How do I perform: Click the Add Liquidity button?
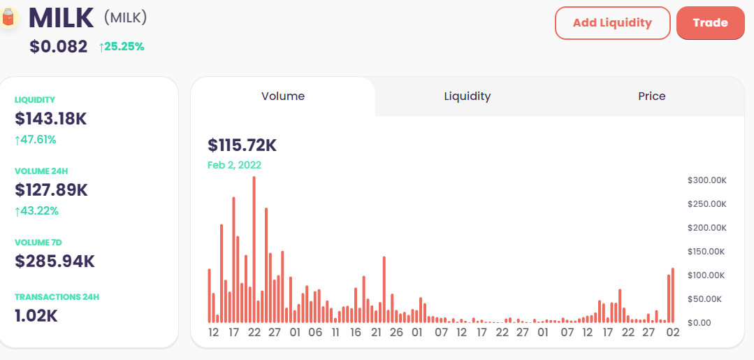coord(612,22)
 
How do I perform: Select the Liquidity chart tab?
coord(467,96)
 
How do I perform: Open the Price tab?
coord(651,96)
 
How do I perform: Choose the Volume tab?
coord(283,96)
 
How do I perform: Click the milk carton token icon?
coord(8,17)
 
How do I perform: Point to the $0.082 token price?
coord(59,47)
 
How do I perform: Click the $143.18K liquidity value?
coord(50,118)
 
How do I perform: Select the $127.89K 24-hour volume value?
coord(52,189)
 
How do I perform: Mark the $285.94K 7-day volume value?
coord(55,261)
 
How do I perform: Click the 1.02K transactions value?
coord(36,316)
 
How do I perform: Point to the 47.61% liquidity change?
coord(36,140)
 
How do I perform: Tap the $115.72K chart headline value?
coord(242,145)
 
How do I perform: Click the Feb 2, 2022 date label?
coord(234,165)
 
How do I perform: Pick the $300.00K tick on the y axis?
coord(707,180)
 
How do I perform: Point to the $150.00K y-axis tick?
coord(707,252)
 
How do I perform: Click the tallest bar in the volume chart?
coord(254,250)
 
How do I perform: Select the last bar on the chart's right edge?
coord(673,296)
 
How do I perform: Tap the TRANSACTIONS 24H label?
coord(57,297)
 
